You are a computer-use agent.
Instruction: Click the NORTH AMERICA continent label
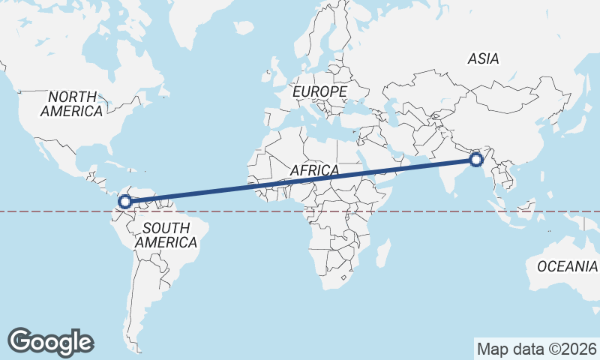click(x=72, y=103)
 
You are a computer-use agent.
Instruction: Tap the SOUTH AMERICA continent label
click(x=166, y=235)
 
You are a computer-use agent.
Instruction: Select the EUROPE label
click(x=320, y=91)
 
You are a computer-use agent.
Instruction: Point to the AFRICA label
click(x=314, y=170)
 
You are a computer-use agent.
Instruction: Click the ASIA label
click(x=484, y=58)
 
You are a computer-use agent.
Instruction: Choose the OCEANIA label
click(x=567, y=265)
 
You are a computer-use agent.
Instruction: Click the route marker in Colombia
click(x=125, y=201)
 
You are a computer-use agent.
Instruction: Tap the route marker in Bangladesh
click(x=475, y=160)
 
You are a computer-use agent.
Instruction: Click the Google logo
click(x=50, y=341)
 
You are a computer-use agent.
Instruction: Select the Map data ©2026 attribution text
click(x=536, y=349)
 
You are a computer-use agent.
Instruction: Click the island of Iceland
click(x=244, y=28)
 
